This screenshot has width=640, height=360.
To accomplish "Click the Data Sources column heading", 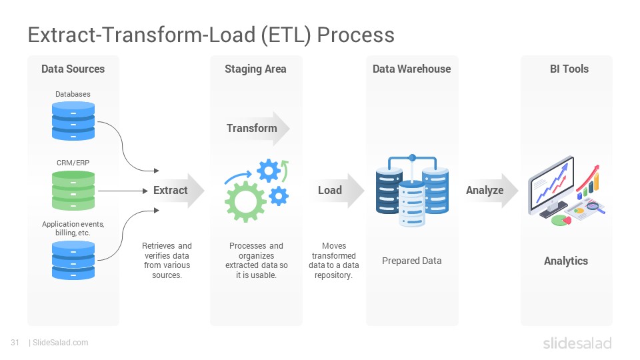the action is click(x=73, y=69).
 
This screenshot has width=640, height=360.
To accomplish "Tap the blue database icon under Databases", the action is click(x=73, y=121).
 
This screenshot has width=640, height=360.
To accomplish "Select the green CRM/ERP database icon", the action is click(x=73, y=191).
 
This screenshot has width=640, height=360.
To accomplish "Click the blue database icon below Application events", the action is click(x=73, y=261).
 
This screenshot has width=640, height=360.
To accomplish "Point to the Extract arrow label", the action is click(x=170, y=190).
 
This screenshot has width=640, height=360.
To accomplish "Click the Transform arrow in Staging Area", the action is click(x=256, y=128).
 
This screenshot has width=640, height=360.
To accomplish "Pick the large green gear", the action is click(x=245, y=201).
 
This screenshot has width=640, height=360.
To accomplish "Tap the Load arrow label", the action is click(x=330, y=190).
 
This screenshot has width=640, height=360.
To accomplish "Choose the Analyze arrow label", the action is click(x=485, y=190).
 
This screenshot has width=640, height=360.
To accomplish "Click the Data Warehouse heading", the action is click(x=411, y=69).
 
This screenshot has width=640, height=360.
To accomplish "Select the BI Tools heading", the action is click(x=569, y=69).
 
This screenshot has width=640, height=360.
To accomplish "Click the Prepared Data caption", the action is click(x=411, y=261).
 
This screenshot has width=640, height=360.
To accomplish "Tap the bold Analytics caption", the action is click(x=566, y=261).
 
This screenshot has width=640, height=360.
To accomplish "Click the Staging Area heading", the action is click(x=255, y=69).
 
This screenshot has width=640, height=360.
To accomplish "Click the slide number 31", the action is click(x=15, y=343).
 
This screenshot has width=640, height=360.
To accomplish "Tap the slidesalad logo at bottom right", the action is click(x=577, y=343).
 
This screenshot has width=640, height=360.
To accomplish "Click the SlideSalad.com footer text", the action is click(x=61, y=343).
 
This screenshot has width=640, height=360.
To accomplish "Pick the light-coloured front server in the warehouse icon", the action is click(x=412, y=203).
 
